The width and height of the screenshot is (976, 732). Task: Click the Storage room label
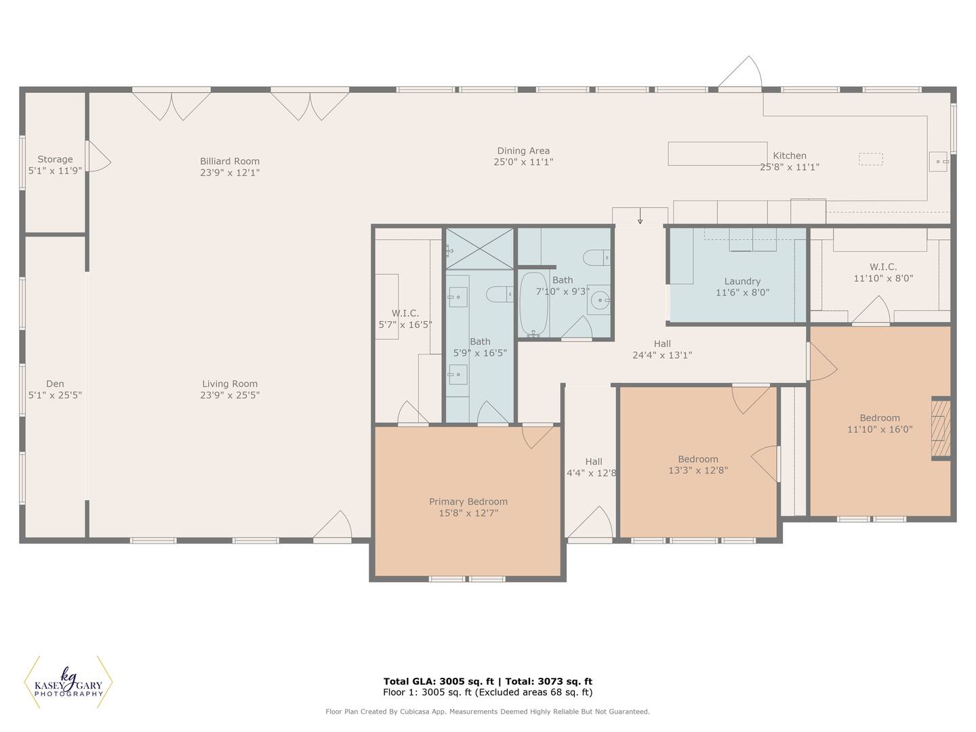[x=55, y=159]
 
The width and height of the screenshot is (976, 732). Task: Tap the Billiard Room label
[x=230, y=161]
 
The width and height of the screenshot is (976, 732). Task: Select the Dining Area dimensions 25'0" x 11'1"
[x=523, y=162]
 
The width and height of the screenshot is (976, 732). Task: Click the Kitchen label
[x=789, y=156]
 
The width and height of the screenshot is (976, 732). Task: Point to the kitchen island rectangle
[x=717, y=154]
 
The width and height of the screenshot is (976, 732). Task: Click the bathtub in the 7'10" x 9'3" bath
[x=533, y=304]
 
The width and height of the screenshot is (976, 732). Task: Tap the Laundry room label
[x=742, y=281]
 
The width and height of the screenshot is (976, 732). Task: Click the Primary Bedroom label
[x=468, y=502]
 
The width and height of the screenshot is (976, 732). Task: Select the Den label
[x=55, y=384]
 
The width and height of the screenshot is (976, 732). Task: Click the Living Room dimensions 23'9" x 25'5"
[x=230, y=395]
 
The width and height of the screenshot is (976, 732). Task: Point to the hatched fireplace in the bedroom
[x=941, y=428]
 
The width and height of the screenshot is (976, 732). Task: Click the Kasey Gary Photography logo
[x=68, y=682]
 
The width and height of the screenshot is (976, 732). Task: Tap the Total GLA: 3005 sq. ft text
[x=439, y=681]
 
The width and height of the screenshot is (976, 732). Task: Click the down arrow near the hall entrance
[x=640, y=216]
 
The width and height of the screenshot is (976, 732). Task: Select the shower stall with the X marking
[x=479, y=249]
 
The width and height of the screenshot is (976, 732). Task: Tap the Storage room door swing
[x=99, y=156]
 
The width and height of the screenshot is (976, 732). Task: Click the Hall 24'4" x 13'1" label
[x=662, y=349]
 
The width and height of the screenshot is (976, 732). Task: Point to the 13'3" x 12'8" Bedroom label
[x=697, y=464]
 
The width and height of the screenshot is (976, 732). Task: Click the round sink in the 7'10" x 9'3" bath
[x=601, y=300]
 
